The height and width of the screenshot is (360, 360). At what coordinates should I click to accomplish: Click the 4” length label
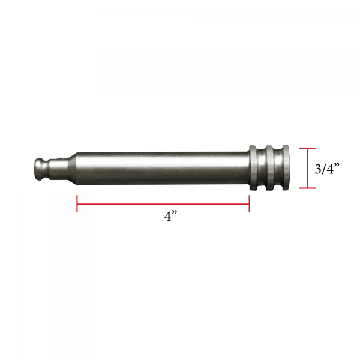coord(172,217)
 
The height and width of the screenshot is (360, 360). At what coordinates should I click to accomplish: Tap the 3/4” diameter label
coord(327,169)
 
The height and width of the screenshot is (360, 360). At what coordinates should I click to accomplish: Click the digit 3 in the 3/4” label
coord(319,169)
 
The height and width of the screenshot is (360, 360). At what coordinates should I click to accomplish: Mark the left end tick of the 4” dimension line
coord(77,204)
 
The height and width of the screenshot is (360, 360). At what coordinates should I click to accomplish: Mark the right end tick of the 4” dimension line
coord(249,204)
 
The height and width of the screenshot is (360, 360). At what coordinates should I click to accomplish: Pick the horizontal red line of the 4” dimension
coord(162,204)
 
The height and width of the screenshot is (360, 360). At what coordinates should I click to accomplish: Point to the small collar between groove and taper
coord(55,168)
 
